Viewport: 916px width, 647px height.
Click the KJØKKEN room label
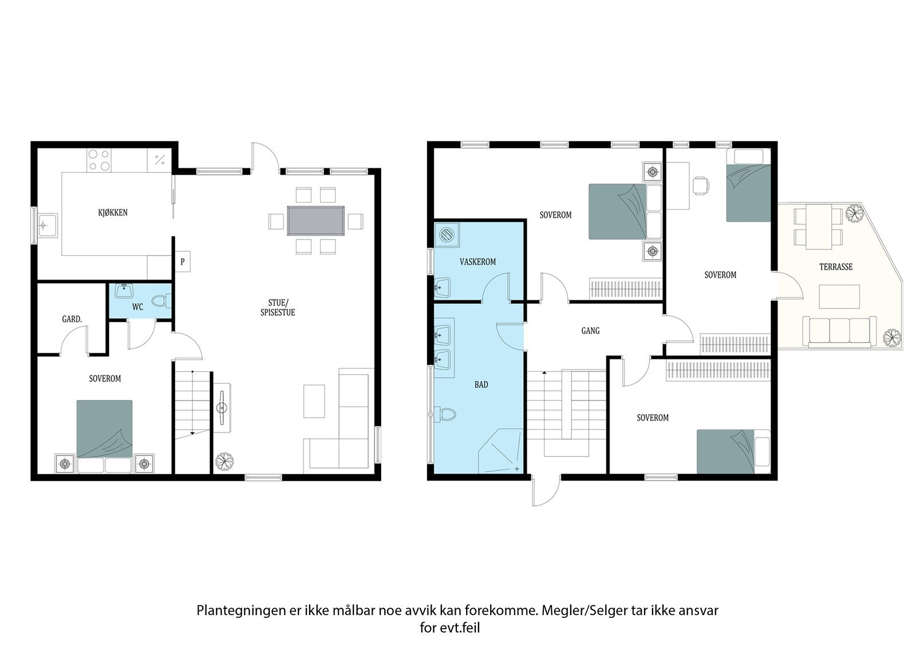click(112, 213)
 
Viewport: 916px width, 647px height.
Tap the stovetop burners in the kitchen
click(98, 160)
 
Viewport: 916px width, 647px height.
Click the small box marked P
click(183, 262)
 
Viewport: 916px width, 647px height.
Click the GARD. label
click(72, 319)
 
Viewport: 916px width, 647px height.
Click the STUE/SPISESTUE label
click(278, 308)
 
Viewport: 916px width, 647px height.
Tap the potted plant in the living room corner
click(224, 461)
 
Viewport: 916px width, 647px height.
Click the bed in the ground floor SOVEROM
click(105, 429)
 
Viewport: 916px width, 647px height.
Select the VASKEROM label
click(477, 262)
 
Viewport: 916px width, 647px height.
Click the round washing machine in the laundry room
click(447, 235)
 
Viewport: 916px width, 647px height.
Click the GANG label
click(590, 331)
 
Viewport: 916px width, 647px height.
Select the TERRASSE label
click(836, 267)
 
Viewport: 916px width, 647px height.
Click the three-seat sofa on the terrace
click(839, 331)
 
